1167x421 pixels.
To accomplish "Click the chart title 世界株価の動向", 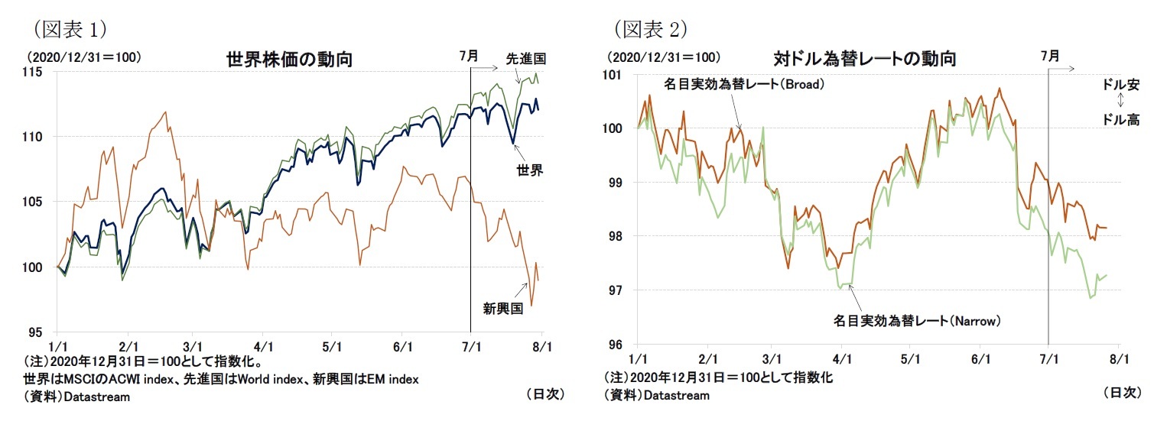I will [289, 60].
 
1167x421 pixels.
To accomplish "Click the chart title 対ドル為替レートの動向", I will [864, 59].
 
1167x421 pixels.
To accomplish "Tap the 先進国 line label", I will [526, 58].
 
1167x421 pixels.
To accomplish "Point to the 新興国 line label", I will [502, 308].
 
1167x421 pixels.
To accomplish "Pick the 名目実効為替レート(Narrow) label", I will [916, 322].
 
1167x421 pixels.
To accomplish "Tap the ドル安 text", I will [1120, 86].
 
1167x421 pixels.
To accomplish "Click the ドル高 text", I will [1120, 119].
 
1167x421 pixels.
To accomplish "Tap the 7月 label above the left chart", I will [469, 56].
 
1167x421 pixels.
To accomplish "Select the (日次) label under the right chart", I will [1122, 393].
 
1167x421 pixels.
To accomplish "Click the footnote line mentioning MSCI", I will [221, 380].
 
